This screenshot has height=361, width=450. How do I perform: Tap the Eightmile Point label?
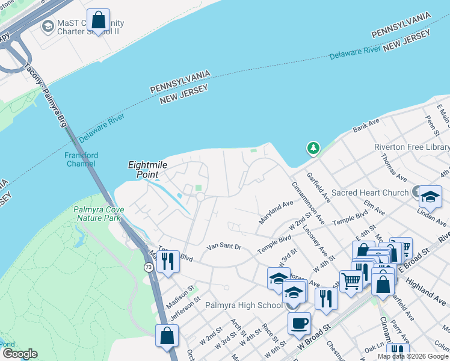pyautogui.click(x=147, y=169)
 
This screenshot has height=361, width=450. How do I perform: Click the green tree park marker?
pyautogui.click(x=312, y=147)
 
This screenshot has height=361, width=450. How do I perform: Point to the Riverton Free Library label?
pyautogui.click(x=411, y=147)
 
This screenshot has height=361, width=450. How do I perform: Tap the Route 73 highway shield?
pyautogui.click(x=148, y=267)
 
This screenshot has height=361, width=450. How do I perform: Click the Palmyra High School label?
pyautogui.click(x=244, y=305)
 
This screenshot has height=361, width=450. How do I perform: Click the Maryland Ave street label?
pyautogui.click(x=276, y=212)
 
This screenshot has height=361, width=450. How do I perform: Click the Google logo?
pyautogui.click(x=19, y=354)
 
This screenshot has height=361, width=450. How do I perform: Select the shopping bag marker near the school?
pyautogui.click(x=97, y=20)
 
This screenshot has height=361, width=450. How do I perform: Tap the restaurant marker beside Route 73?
pyautogui.click(x=168, y=261)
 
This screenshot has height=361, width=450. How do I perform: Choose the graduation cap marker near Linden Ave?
pyautogui.click(x=430, y=197)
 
